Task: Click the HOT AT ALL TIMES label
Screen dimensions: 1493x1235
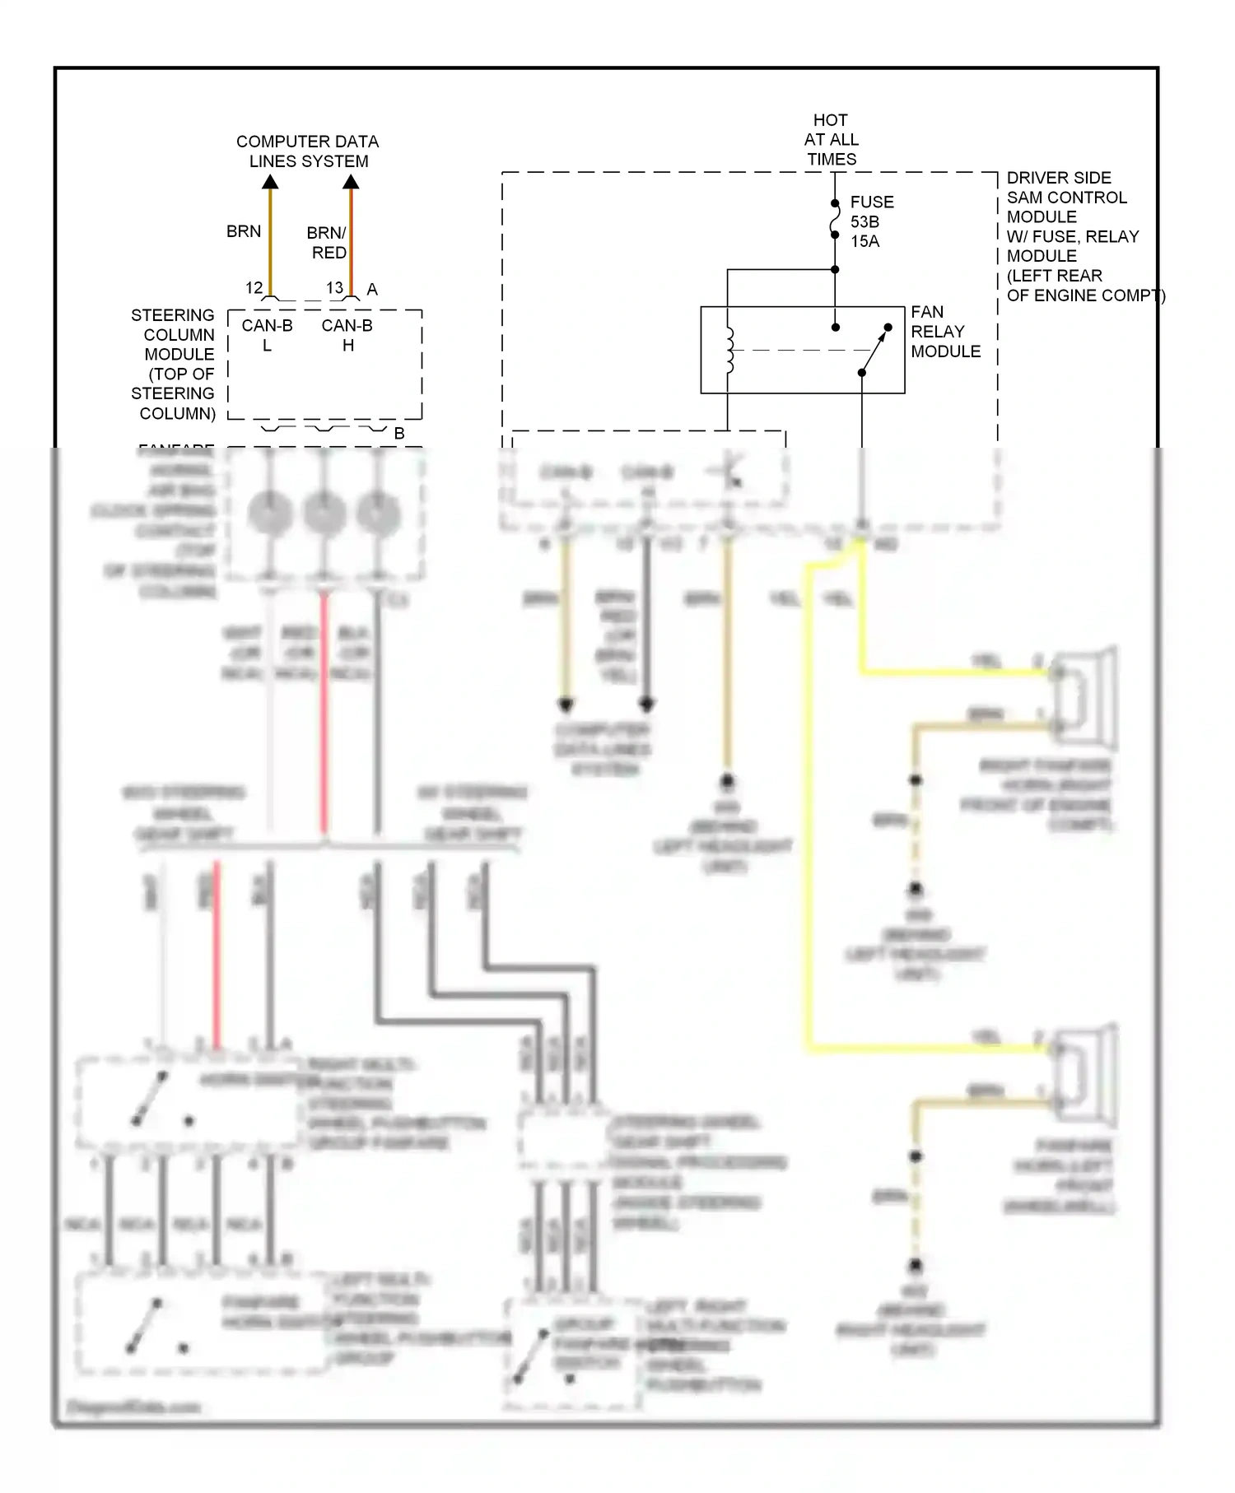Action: click(x=831, y=140)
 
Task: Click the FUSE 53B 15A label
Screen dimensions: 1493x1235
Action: click(x=870, y=221)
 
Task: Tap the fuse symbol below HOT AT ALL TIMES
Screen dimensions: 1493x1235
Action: click(x=835, y=220)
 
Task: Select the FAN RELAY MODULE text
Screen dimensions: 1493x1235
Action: click(x=944, y=332)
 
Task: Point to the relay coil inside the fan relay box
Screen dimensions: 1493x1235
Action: click(x=729, y=350)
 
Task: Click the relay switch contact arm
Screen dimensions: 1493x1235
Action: click(x=875, y=350)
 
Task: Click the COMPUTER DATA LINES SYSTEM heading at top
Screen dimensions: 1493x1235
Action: click(x=307, y=151)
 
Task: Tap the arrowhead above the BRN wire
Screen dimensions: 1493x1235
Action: click(x=270, y=181)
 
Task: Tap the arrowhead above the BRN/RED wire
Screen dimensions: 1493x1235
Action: click(x=351, y=181)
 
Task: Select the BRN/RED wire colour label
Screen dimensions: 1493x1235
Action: click(x=328, y=243)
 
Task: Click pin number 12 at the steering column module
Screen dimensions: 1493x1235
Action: click(x=254, y=288)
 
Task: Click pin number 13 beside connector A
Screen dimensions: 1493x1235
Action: click(x=334, y=288)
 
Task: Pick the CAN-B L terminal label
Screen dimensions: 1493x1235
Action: click(x=267, y=335)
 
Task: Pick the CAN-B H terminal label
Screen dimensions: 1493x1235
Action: click(x=347, y=335)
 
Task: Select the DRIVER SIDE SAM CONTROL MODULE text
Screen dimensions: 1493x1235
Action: click(x=1070, y=236)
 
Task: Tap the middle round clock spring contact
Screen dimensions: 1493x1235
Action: click(x=324, y=513)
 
